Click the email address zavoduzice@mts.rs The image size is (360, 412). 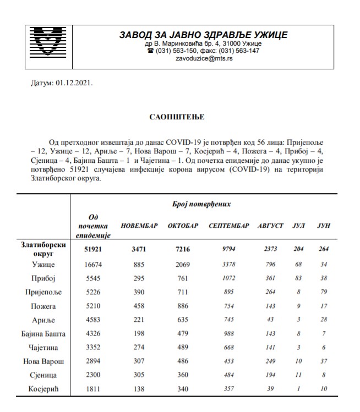click(x=204, y=59)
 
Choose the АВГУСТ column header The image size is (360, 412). click(x=271, y=227)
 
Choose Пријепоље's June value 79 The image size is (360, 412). click(x=323, y=292)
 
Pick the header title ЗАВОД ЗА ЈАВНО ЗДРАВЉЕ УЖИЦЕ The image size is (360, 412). click(x=204, y=35)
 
